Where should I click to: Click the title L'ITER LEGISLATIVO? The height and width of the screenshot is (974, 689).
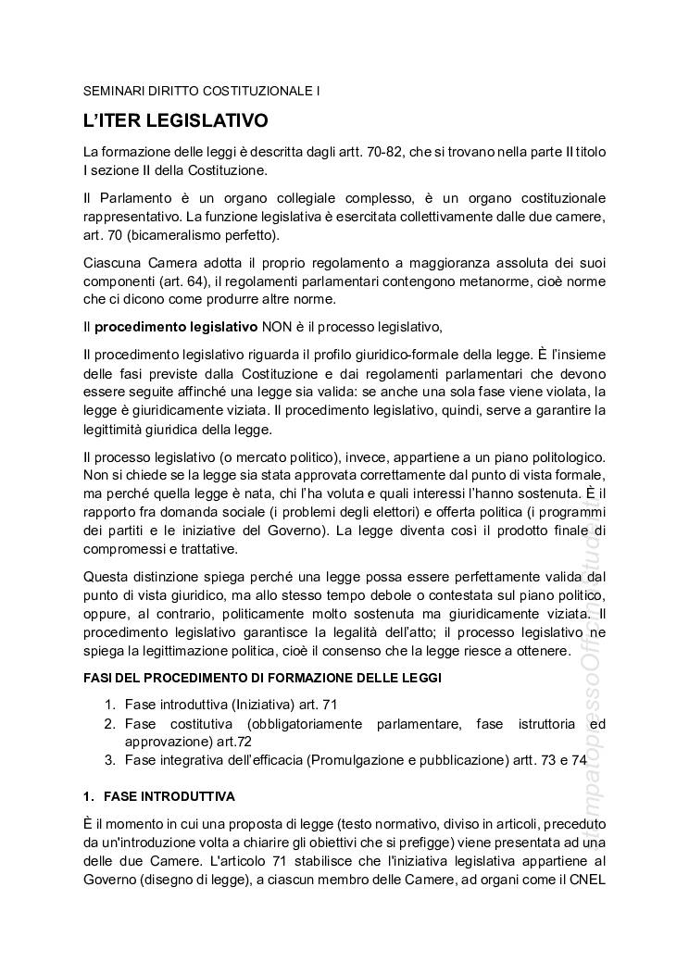(175, 121)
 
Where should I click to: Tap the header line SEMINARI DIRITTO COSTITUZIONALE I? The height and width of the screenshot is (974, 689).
(201, 92)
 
